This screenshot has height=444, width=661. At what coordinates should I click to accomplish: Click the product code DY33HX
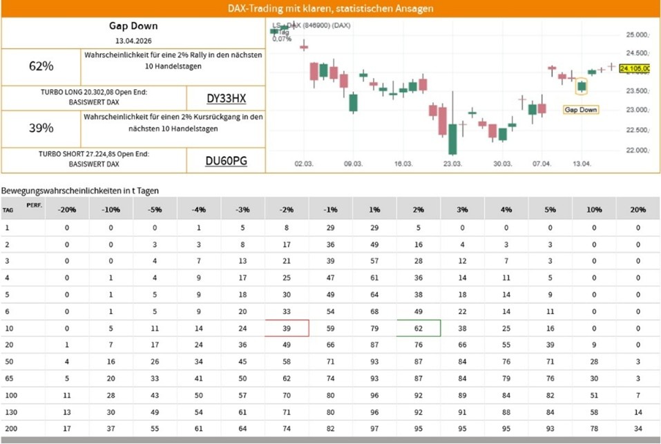click(x=226, y=98)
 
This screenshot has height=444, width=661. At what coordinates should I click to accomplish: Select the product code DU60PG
click(x=226, y=162)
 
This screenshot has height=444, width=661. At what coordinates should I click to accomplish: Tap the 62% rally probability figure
click(x=41, y=67)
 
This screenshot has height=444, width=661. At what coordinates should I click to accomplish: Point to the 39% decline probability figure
click(x=41, y=128)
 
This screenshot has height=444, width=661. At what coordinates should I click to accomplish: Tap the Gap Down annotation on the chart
click(x=580, y=109)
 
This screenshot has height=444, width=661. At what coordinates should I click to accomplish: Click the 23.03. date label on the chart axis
click(x=452, y=164)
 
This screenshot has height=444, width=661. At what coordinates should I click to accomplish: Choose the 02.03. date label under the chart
click(x=304, y=164)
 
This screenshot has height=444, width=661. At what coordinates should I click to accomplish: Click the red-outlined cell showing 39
click(x=287, y=328)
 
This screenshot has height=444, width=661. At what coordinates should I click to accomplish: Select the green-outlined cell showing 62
click(x=419, y=328)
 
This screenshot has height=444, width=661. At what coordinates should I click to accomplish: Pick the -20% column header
click(x=66, y=209)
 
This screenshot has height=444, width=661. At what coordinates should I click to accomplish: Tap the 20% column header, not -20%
click(x=638, y=209)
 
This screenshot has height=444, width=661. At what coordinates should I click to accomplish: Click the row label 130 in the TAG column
click(x=8, y=412)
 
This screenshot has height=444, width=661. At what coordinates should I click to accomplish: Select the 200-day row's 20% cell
click(x=638, y=428)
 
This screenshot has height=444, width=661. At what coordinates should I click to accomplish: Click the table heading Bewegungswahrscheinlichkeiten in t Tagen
click(x=81, y=190)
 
